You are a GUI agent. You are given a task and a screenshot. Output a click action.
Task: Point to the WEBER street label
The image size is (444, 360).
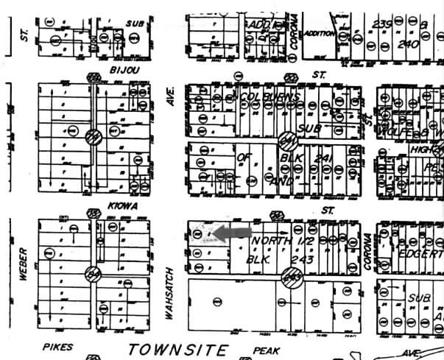click(23, 264)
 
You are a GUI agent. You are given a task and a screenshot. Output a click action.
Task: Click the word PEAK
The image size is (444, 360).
click(267, 351)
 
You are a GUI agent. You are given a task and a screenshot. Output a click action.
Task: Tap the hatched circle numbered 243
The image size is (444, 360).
click(292, 278)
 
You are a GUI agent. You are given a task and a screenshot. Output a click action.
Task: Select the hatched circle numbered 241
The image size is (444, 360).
click(288, 140)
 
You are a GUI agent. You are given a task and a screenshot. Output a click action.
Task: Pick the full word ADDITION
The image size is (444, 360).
click(320, 34)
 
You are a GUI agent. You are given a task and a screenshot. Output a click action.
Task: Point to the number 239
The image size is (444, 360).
click(383, 24)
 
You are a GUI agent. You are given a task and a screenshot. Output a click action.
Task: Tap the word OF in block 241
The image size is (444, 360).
click(244, 157)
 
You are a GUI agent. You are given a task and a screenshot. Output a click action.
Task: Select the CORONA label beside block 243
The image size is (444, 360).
click(368, 253)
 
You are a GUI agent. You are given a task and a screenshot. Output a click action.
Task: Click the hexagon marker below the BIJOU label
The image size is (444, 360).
click(94, 78)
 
